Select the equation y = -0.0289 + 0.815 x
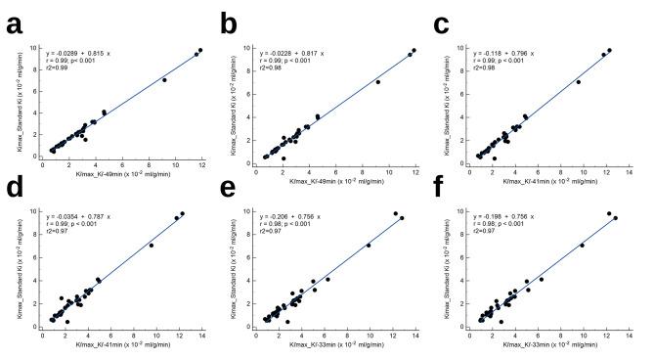pyautogui.click(x=87, y=52)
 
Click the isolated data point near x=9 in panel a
pyautogui.click(x=164, y=79)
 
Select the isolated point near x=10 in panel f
pyautogui.click(x=582, y=245)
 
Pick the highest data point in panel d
pyautogui.click(x=182, y=213)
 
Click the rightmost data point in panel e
pyautogui.click(x=403, y=217)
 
